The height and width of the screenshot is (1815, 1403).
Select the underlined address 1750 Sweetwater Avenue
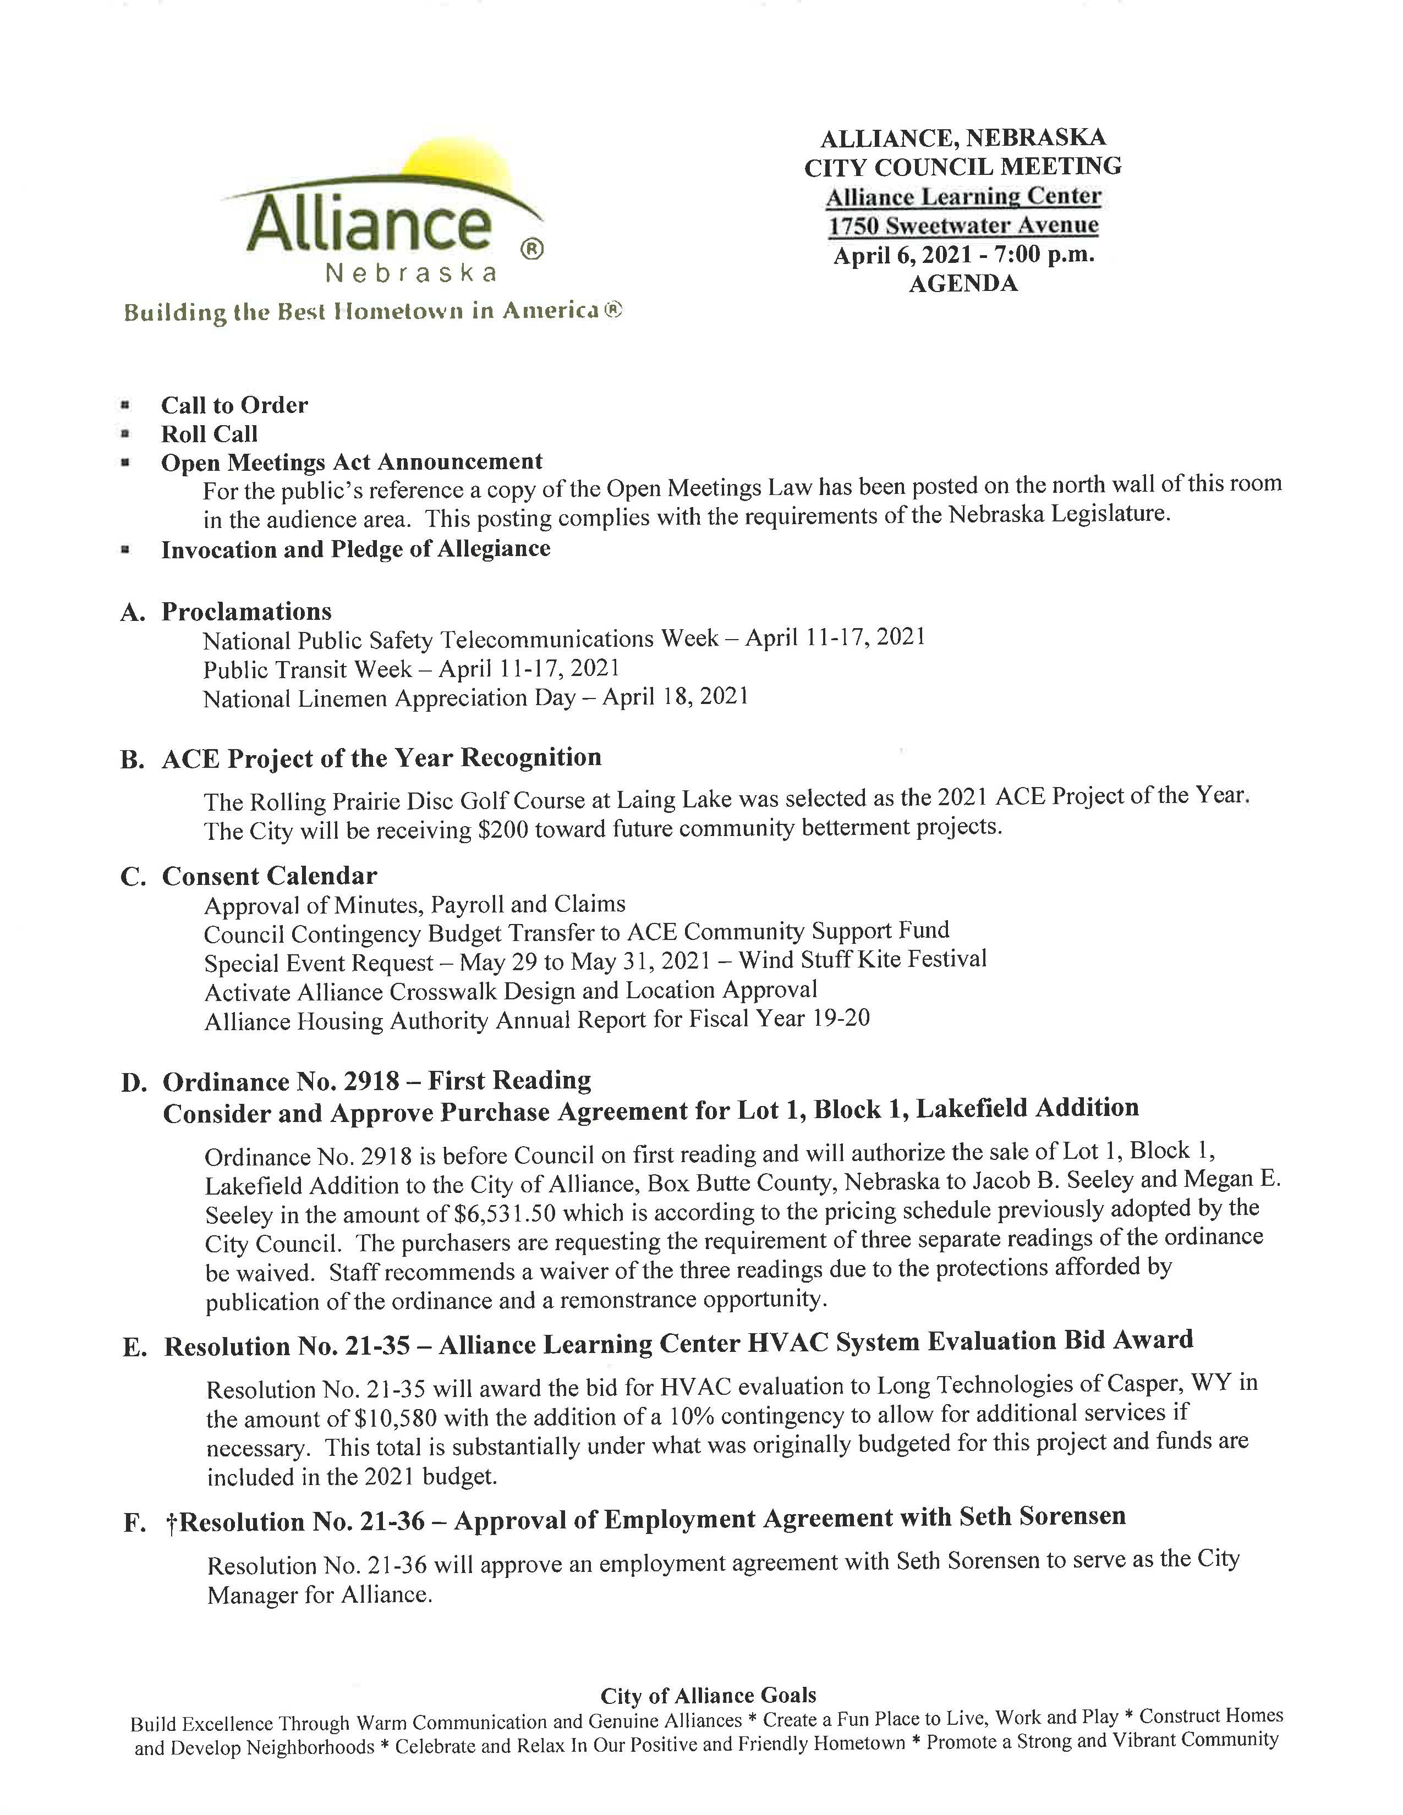[x=963, y=225]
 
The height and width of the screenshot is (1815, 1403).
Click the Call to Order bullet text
[x=234, y=405]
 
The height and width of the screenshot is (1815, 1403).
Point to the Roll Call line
[x=210, y=434]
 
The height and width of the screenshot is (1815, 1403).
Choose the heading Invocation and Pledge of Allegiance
[x=356, y=549]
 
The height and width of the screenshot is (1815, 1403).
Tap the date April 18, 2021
[x=675, y=696]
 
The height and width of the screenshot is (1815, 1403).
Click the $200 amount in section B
[x=503, y=830]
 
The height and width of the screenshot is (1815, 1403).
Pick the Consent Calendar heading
[x=269, y=876]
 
